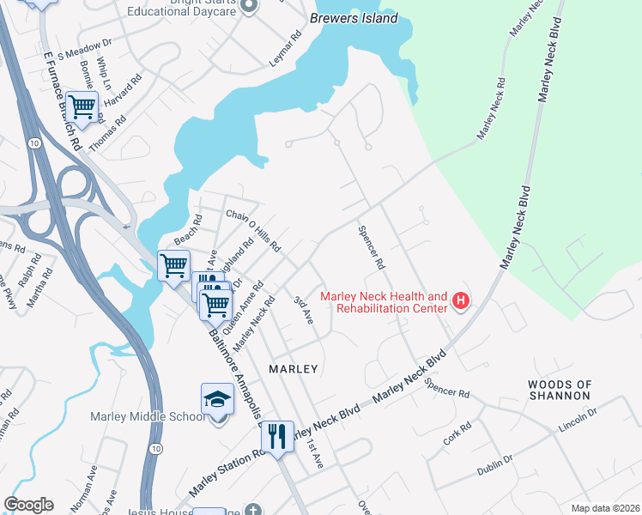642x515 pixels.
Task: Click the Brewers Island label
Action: tap(354, 18)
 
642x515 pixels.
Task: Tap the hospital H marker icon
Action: tap(461, 300)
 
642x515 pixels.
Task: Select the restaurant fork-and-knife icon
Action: tap(277, 437)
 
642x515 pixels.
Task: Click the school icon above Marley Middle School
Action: tap(217, 400)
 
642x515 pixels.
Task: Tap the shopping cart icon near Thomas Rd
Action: tap(82, 107)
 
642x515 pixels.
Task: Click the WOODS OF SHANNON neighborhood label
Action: tap(559, 390)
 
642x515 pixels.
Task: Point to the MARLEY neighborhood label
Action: tap(294, 368)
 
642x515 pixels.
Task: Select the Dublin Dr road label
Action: tap(495, 466)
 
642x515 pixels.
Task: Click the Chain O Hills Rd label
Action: tap(253, 229)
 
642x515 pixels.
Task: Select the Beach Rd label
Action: tap(187, 227)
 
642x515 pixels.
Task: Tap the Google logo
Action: tap(28, 505)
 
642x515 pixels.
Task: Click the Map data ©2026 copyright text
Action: tap(606, 508)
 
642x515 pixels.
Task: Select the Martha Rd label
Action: tap(35, 289)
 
